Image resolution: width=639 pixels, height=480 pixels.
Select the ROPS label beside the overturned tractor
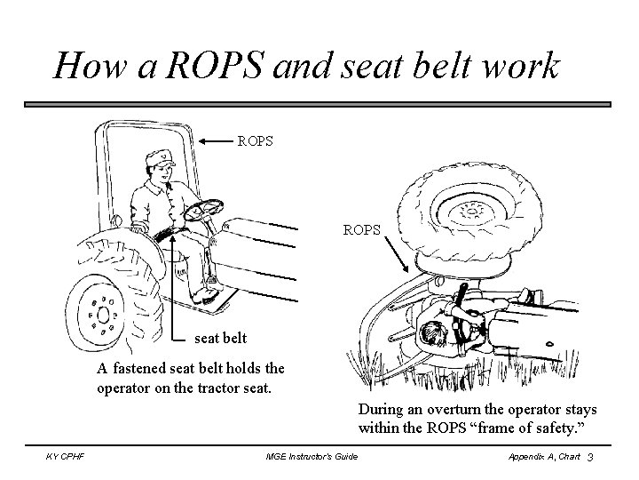tap(362, 229)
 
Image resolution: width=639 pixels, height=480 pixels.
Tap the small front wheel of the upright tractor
tap(104, 313)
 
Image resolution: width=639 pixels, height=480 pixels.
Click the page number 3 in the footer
tap(589, 456)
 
